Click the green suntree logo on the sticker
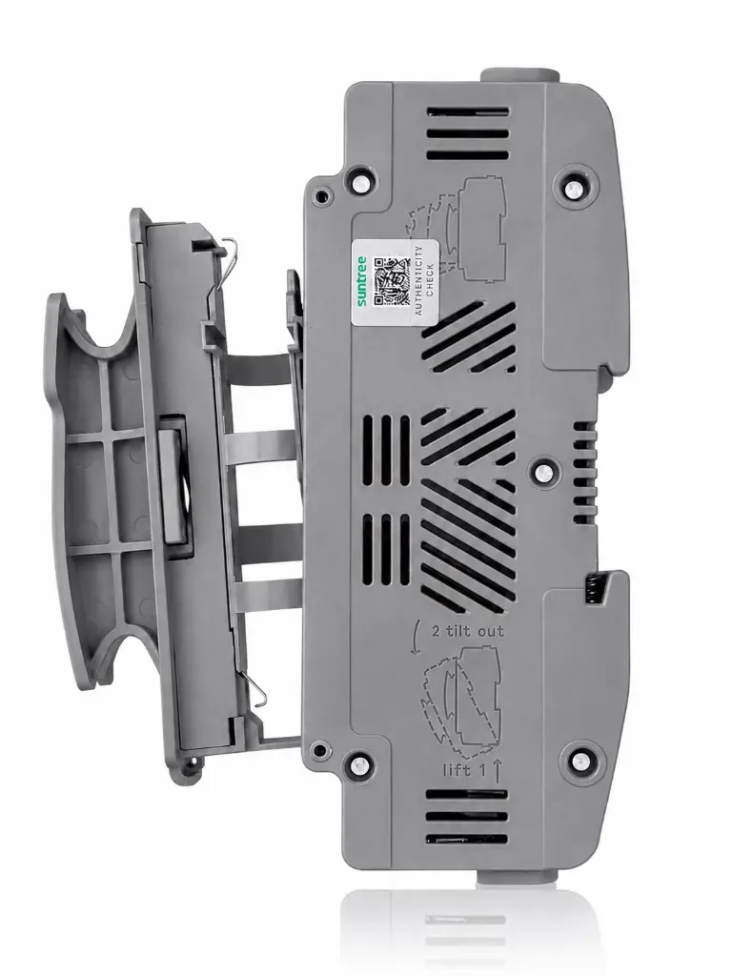coord(363,281)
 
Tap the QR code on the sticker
coord(390,281)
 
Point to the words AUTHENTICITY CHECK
coord(424,280)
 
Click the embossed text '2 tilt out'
coord(468,631)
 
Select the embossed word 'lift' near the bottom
coord(457,770)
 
